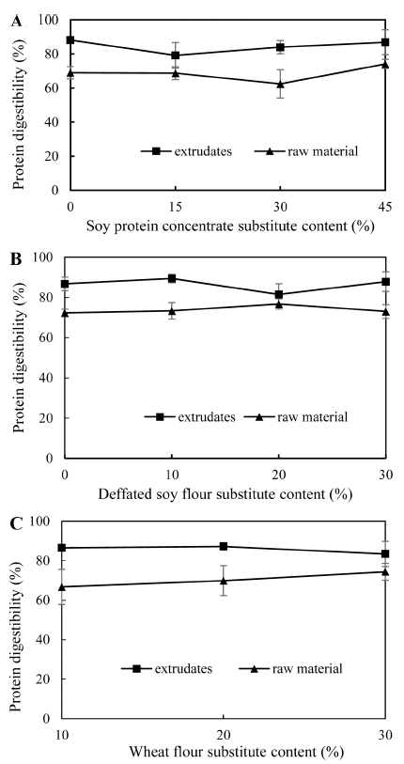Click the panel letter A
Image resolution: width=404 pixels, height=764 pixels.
17,22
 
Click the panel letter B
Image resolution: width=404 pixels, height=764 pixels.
17,258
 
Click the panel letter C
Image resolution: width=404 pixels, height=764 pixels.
17,523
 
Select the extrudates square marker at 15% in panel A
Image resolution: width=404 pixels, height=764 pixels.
176,55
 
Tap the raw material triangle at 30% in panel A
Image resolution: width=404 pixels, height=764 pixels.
280,84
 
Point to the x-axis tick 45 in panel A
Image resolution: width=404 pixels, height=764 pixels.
385,206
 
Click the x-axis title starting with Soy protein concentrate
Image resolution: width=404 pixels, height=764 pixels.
230,226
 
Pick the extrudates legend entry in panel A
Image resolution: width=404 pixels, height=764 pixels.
186,151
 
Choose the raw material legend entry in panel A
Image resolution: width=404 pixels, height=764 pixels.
306,151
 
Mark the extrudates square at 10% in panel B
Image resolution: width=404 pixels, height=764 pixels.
172,278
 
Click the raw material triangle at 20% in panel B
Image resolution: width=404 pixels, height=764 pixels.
278,304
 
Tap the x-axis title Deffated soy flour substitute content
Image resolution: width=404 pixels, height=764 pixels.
225,493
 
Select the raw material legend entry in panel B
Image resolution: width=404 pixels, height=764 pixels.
295,417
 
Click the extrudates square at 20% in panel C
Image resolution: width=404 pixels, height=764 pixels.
224,546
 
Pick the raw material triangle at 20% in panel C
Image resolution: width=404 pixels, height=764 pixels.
224,581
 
